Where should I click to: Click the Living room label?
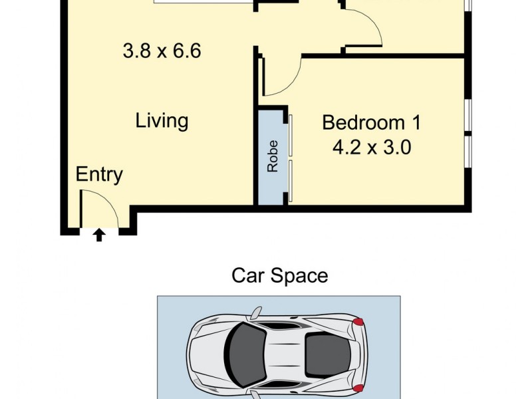coord(162,121)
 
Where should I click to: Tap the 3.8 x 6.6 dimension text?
coord(162,51)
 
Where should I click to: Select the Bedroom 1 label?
coord(371,122)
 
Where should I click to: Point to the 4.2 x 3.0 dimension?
coord(371,147)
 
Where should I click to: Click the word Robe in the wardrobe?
coord(273,156)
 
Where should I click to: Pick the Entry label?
coord(99,175)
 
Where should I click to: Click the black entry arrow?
coord(99,234)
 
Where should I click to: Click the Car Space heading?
coord(279,275)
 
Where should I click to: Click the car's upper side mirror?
coord(257,311)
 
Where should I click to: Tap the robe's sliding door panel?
coord(291,158)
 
